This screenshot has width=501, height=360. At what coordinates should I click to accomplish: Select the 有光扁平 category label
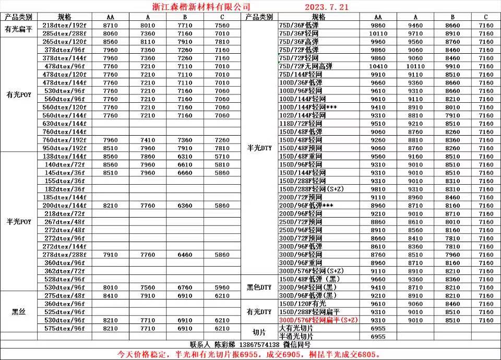[x=19, y=29]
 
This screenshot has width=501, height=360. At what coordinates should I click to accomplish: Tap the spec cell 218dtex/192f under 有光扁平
[x=65, y=25]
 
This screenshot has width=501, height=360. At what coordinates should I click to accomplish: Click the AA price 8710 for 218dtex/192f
[x=111, y=25]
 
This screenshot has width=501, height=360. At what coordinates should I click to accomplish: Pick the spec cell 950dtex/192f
[x=65, y=148]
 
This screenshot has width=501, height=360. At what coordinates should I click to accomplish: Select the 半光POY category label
[x=19, y=221]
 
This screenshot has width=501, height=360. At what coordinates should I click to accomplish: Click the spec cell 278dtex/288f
[x=65, y=254]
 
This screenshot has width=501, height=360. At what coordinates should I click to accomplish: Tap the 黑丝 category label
[x=19, y=311]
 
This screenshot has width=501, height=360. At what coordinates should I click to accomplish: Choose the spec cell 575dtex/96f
[x=65, y=328]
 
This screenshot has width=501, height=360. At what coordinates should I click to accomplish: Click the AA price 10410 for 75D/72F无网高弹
[x=378, y=66]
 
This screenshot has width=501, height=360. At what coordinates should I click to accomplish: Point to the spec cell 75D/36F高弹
[x=299, y=42]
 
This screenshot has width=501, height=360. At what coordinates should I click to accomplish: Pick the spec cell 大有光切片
[x=296, y=328]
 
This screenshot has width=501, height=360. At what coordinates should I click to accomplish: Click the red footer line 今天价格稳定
[x=250, y=354]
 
